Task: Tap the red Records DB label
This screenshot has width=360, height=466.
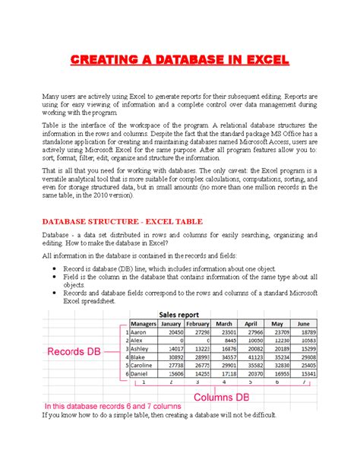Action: click(x=73, y=353)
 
